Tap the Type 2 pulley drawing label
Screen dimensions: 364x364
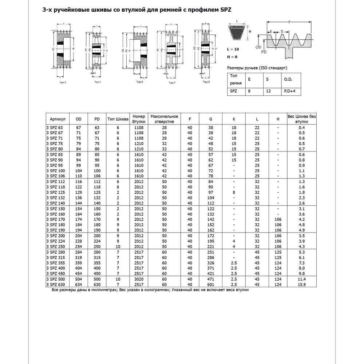click(x=63, y=83)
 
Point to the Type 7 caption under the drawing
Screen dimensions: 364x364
click(x=171, y=83)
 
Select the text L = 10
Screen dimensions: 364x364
click(x=233, y=49)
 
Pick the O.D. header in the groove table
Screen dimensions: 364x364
click(x=288, y=79)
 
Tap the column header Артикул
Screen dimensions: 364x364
click(x=58, y=119)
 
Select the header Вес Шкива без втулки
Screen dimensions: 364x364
click(x=302, y=119)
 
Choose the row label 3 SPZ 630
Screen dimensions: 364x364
click(x=55, y=284)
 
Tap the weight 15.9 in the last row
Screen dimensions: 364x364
click(x=301, y=284)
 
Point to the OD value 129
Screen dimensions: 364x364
click(x=78, y=193)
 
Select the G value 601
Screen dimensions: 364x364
click(x=211, y=284)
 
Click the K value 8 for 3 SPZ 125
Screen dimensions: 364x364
click(x=234, y=193)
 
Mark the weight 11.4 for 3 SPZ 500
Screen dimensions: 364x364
click(x=301, y=279)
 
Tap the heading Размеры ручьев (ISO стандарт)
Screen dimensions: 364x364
click(x=257, y=68)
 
